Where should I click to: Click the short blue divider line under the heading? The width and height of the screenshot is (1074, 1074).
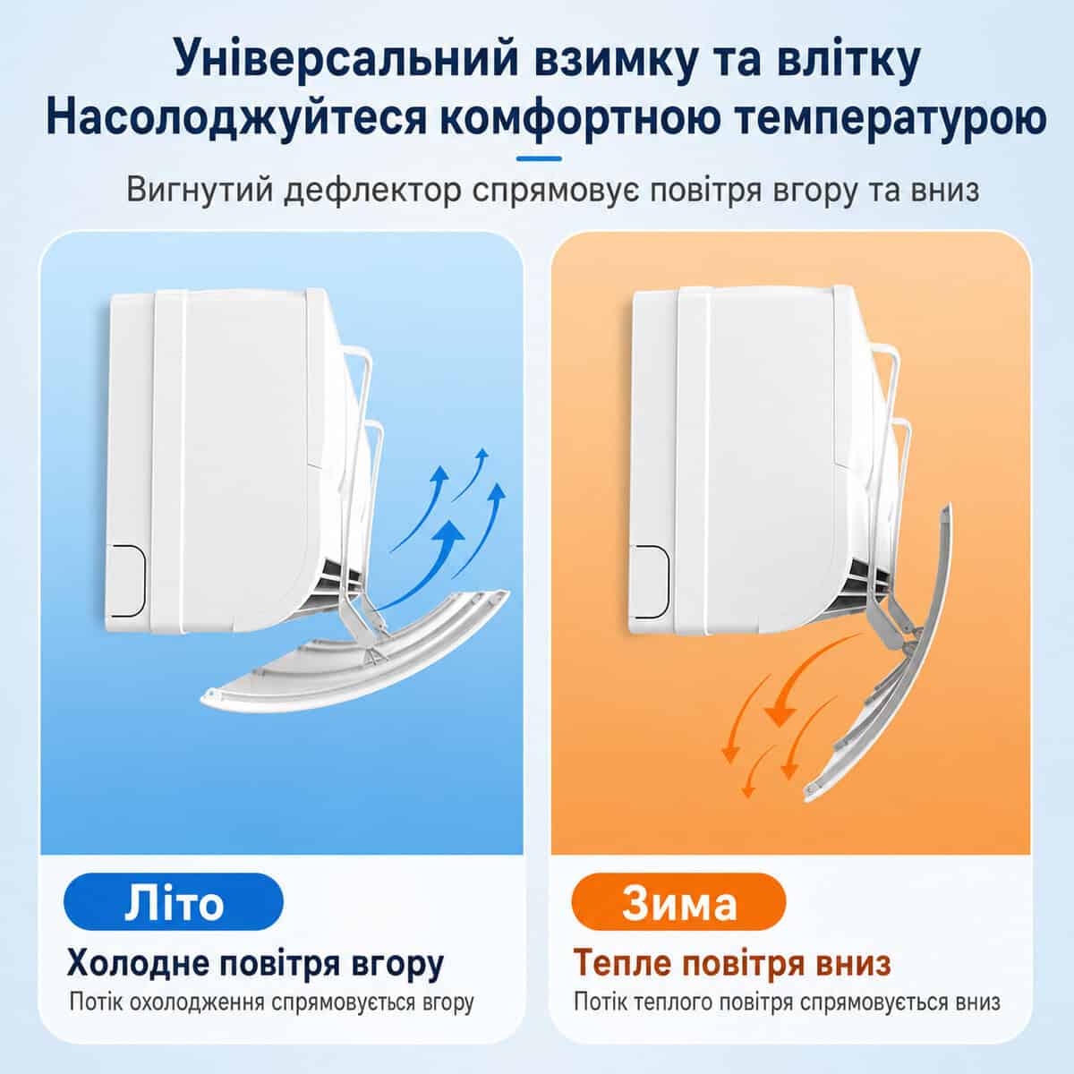(x=539, y=158)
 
